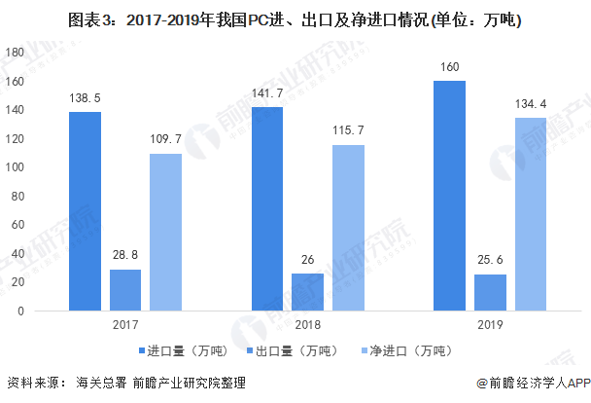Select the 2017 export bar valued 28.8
124,290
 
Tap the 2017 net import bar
165,233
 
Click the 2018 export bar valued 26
307,292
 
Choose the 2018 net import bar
348,228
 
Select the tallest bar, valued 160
450,196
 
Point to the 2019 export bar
490,292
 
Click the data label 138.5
86,99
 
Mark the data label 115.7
348,130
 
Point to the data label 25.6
491,261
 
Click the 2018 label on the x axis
307,324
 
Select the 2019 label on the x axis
490,324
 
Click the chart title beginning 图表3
295,18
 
